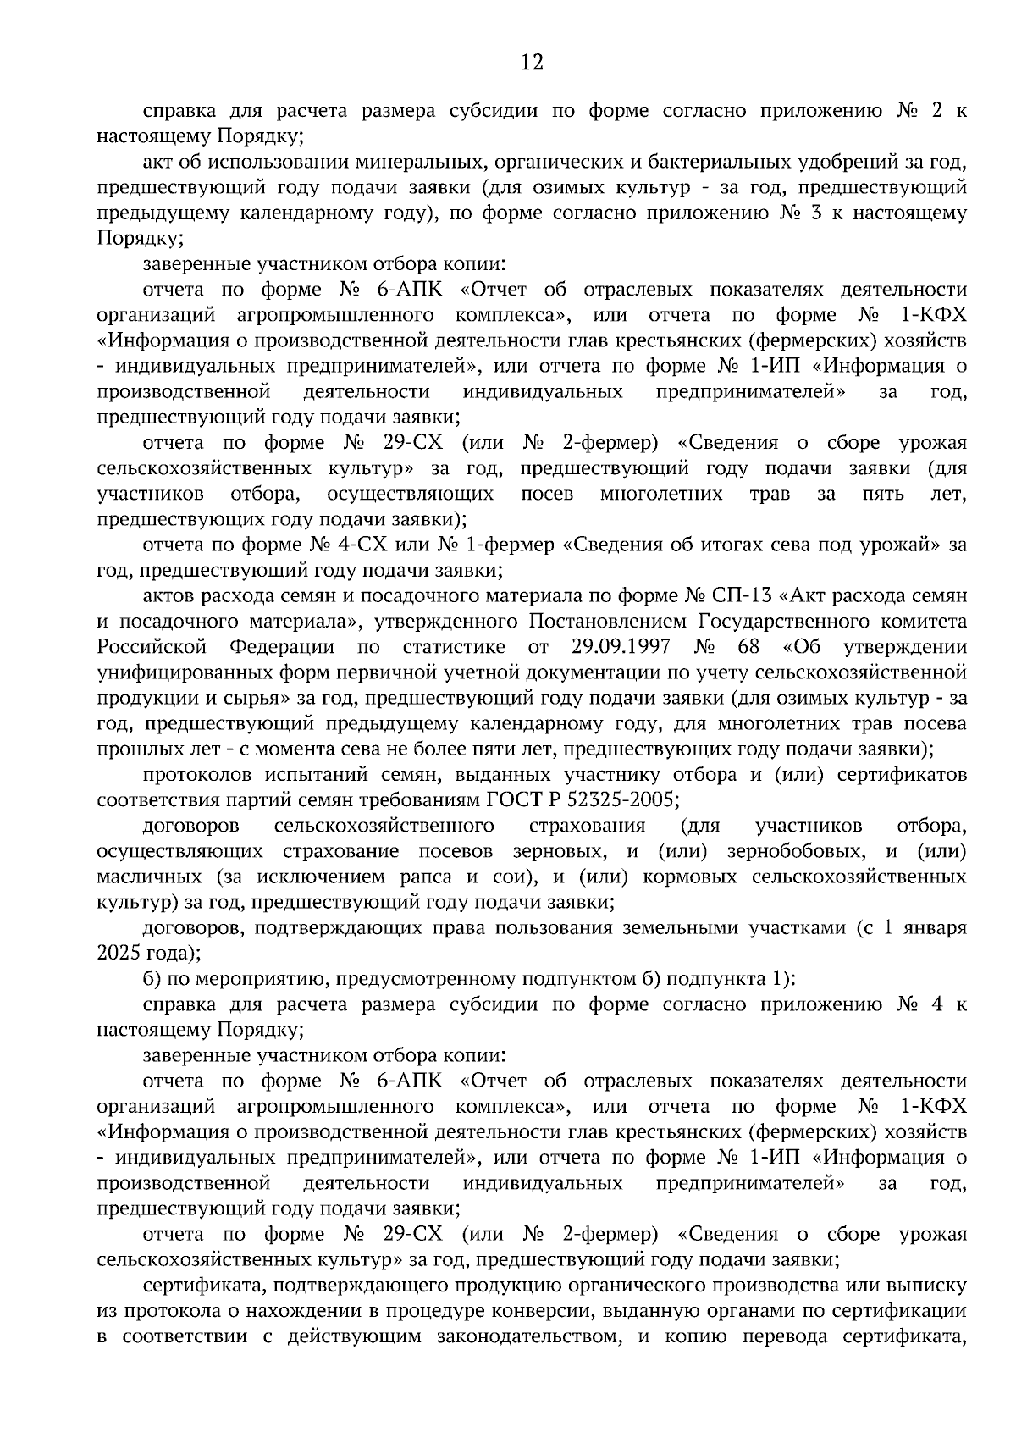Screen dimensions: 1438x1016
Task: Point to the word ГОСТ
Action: pos(512,800)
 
